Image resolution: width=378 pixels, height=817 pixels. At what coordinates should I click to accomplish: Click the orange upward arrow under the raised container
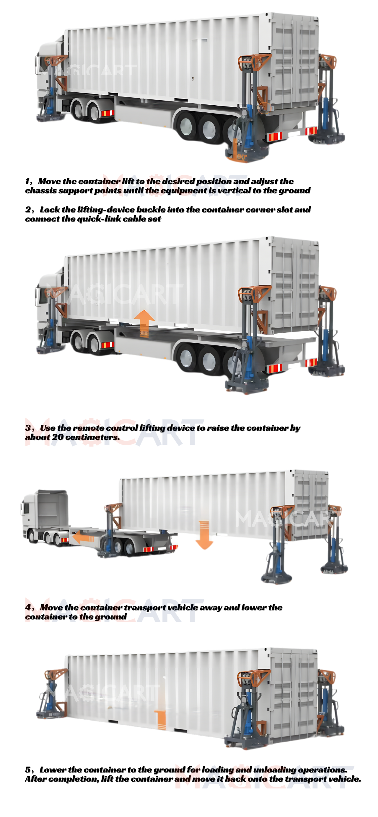click(144, 323)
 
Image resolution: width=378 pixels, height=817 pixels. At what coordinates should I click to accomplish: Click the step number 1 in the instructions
click(28, 181)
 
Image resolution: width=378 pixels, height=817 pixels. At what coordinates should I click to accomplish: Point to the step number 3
click(28, 428)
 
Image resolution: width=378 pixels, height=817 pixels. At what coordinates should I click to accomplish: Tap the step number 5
click(28, 770)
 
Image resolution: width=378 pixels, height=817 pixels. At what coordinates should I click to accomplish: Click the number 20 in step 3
click(58, 437)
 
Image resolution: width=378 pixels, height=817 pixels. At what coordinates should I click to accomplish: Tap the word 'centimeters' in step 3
click(92, 437)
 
